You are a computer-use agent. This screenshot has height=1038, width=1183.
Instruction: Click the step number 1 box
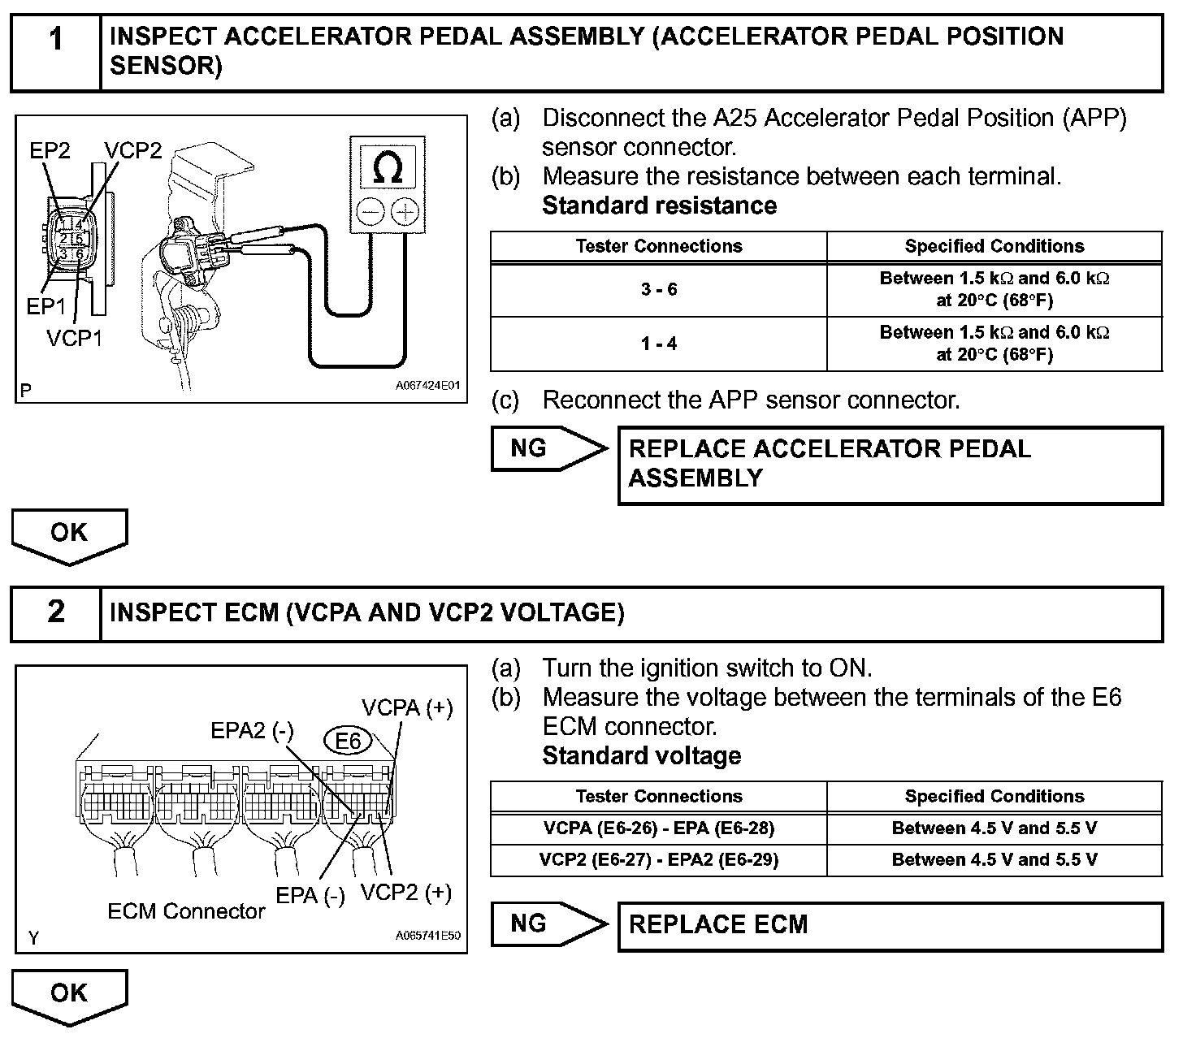click(55, 52)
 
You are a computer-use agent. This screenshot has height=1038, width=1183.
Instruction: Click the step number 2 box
click(55, 613)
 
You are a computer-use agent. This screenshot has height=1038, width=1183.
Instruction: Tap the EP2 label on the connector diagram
click(50, 151)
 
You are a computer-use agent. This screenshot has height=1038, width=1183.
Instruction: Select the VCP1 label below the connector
click(75, 338)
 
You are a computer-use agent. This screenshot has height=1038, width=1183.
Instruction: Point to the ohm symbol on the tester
click(386, 168)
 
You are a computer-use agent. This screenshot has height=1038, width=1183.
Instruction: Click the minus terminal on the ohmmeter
click(370, 212)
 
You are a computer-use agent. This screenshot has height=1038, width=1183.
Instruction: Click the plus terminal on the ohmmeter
click(404, 212)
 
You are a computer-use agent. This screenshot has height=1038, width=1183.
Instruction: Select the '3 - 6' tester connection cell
click(658, 290)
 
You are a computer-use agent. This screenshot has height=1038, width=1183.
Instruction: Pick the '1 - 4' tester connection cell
click(658, 344)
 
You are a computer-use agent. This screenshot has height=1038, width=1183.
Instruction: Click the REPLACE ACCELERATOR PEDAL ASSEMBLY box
click(890, 465)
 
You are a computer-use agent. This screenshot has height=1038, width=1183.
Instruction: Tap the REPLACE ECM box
click(890, 925)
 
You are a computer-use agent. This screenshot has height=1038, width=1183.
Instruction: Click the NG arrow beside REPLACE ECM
click(547, 924)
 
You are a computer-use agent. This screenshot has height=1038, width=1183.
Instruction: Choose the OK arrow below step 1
click(69, 534)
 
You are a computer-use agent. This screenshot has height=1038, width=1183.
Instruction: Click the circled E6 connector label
click(348, 741)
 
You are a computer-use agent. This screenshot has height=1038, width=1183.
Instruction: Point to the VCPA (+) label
click(407, 708)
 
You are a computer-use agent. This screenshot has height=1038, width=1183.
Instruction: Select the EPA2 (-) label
click(252, 731)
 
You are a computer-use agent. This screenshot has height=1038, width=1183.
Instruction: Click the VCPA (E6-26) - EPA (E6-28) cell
click(658, 828)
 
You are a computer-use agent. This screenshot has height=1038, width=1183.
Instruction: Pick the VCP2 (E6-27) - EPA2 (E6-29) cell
click(658, 860)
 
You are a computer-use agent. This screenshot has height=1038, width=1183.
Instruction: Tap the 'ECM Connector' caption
click(186, 911)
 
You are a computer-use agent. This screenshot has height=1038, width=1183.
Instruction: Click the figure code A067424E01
click(427, 386)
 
